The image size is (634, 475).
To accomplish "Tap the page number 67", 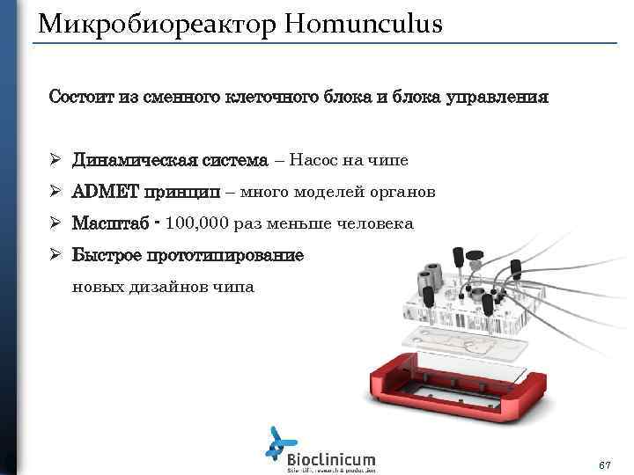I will (x=604, y=463).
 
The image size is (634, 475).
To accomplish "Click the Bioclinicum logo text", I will (x=331, y=458).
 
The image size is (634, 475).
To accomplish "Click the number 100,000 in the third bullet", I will (x=197, y=223).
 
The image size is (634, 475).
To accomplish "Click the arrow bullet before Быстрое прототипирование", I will (x=54, y=255).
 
